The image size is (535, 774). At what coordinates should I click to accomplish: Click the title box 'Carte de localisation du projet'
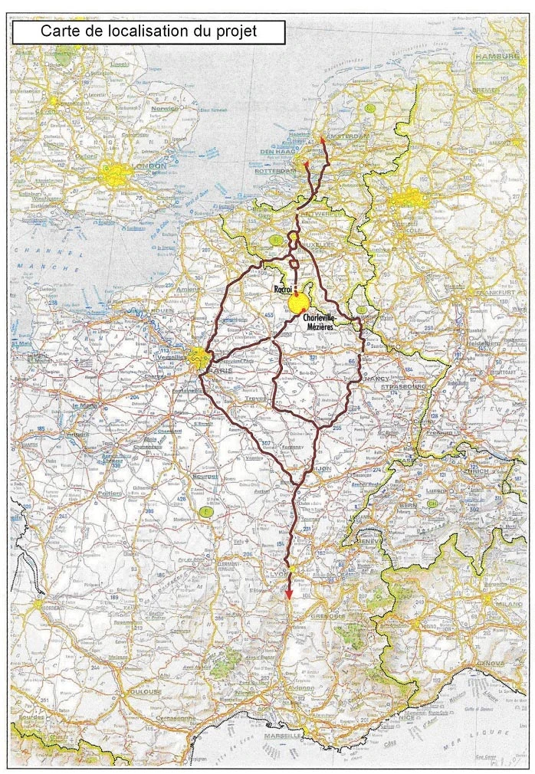coord(149,32)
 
